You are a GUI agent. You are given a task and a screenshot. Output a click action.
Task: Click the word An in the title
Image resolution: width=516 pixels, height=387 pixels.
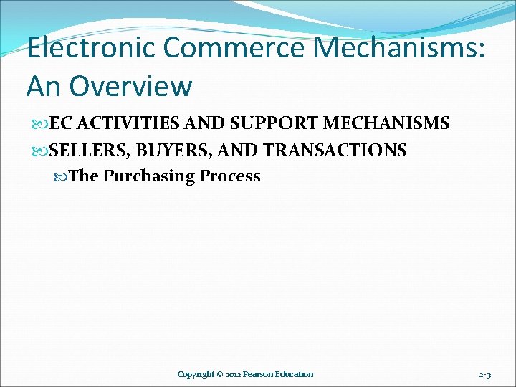(44, 86)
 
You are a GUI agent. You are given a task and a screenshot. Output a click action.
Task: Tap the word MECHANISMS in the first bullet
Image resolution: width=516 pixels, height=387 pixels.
(387, 123)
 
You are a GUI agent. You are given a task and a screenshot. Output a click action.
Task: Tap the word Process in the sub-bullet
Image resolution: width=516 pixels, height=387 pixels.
(231, 176)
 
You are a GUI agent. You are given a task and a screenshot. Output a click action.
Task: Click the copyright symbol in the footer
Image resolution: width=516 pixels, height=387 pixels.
(221, 374)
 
